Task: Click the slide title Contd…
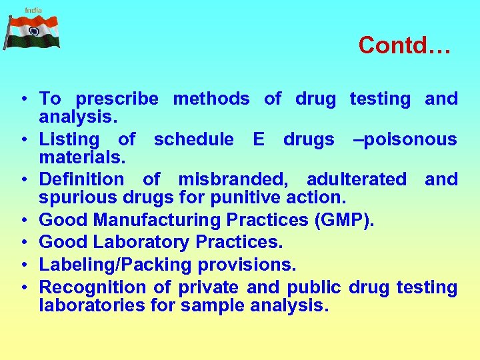(405, 45)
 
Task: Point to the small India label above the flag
(33, 9)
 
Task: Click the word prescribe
(117, 99)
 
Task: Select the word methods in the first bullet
(211, 99)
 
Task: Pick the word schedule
(193, 140)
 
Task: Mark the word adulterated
(356, 180)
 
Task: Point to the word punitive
(249, 197)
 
